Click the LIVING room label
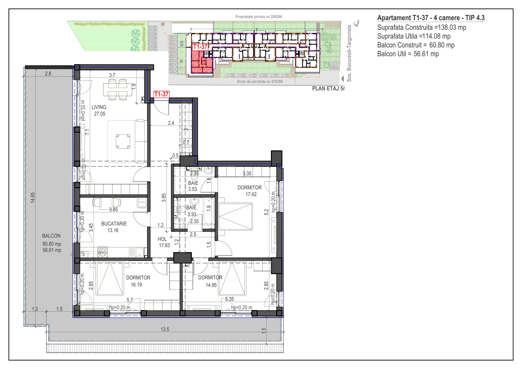click(x=99, y=107)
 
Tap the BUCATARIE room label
click(x=114, y=224)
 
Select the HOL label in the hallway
click(x=162, y=239)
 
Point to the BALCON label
click(x=51, y=236)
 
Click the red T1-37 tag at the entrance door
click(x=161, y=94)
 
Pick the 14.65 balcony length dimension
click(x=33, y=198)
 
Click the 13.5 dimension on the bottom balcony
click(x=165, y=329)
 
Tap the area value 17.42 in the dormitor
click(x=251, y=194)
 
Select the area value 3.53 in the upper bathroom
click(x=192, y=189)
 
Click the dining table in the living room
click(x=118, y=90)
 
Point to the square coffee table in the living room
click(x=123, y=141)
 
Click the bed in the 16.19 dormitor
click(x=109, y=278)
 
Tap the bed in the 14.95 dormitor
click(x=232, y=278)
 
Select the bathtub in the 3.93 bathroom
click(x=209, y=211)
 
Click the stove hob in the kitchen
click(x=103, y=252)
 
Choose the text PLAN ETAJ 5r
click(x=328, y=89)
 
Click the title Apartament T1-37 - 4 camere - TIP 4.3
click(x=431, y=18)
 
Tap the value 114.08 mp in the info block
click(x=436, y=36)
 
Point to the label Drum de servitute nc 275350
click(x=259, y=82)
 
